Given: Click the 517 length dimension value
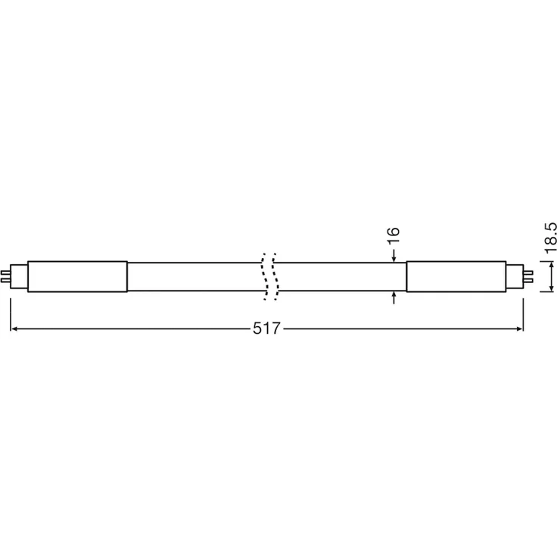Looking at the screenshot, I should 266,329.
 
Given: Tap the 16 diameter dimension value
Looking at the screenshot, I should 394,237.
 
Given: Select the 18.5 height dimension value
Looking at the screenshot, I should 551,237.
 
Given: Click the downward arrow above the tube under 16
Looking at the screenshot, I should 394,257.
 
